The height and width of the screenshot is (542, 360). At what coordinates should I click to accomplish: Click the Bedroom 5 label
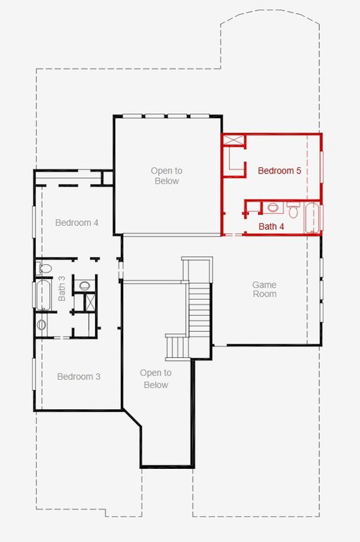click(x=279, y=170)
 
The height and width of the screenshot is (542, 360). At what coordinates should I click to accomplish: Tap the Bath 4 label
click(x=271, y=226)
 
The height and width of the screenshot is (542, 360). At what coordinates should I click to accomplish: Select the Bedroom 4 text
click(x=77, y=223)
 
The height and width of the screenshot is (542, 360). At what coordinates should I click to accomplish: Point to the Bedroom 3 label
click(x=79, y=376)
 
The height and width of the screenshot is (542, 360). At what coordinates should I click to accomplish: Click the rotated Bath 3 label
click(x=62, y=288)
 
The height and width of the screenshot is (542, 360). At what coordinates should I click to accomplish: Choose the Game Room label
click(x=264, y=290)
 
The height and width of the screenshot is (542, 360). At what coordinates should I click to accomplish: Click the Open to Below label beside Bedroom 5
click(x=167, y=176)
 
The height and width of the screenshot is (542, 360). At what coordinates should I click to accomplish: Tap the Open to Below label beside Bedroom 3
click(x=155, y=379)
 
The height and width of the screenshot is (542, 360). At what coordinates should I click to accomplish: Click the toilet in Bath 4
click(x=293, y=209)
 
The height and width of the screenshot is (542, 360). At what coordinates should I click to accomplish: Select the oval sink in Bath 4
click(x=273, y=207)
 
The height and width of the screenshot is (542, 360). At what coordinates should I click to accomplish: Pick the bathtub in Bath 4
click(x=312, y=218)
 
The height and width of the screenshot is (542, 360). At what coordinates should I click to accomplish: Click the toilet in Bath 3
click(x=44, y=268)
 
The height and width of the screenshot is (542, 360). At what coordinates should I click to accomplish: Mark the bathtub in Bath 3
click(x=44, y=295)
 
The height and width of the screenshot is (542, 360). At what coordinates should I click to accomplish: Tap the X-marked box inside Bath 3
click(x=90, y=302)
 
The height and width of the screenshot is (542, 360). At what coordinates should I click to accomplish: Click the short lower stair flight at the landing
click(x=177, y=347)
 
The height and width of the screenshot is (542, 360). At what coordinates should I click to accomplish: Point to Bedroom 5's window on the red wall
click(x=321, y=167)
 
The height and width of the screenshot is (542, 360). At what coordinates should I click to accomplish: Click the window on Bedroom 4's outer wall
click(x=34, y=221)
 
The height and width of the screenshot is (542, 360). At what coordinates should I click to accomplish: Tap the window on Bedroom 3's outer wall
click(x=34, y=375)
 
